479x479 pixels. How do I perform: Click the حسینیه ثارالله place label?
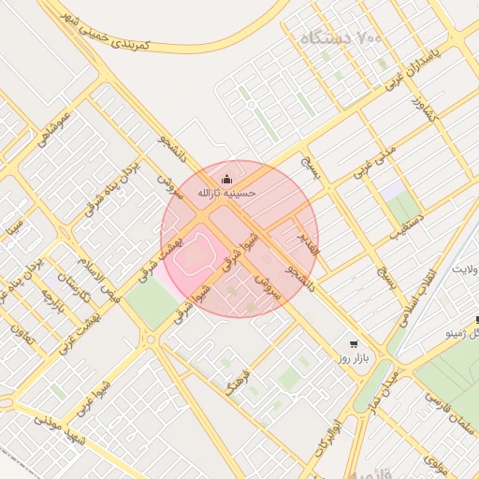(225, 193)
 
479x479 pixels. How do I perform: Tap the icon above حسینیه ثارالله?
(225, 178)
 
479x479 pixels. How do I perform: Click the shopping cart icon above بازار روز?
(352, 343)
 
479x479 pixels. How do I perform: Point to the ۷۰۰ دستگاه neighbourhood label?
(342, 39)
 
